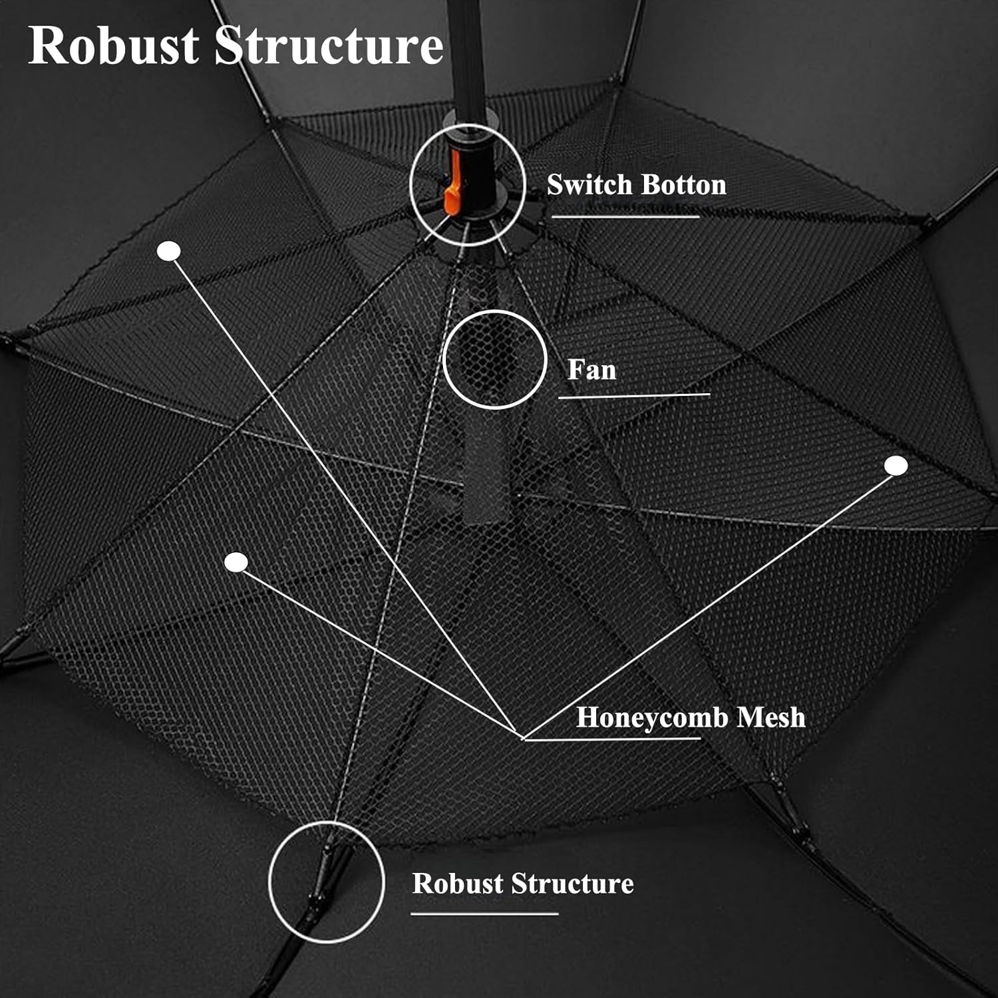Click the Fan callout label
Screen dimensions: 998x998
tap(591, 370)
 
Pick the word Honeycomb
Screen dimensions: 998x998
tap(652, 717)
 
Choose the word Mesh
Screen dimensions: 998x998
tap(771, 717)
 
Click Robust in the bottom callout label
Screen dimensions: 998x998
tap(457, 884)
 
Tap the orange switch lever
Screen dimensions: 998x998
tap(452, 183)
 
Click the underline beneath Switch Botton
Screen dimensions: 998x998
tap(625, 216)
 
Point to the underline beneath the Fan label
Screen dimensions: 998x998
tap(634, 396)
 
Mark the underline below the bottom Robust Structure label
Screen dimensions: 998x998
tap(484, 914)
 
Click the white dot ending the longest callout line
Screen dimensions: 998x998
tap(169, 251)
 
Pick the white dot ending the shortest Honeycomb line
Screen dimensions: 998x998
tap(236, 562)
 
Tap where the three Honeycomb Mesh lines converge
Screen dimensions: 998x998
tap(522, 738)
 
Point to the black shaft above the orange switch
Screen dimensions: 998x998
tap(468, 60)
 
